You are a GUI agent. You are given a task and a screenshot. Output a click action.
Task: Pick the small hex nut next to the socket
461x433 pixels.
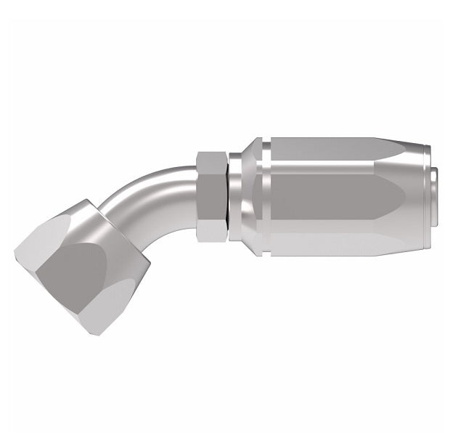[x=212, y=196]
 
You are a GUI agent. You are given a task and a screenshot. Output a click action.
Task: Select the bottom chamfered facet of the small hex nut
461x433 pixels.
[x=212, y=232]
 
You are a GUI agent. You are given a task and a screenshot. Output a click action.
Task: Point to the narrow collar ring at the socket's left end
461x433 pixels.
[x=234, y=196]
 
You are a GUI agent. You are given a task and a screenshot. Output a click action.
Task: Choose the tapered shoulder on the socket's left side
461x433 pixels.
[x=250, y=196]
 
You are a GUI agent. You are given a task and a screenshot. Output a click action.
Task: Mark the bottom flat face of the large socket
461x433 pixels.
[x=341, y=243]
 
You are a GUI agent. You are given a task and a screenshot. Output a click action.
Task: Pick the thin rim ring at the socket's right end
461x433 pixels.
[x=428, y=196]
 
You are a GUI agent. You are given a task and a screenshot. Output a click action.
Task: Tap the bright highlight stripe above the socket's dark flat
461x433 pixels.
[x=334, y=167]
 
